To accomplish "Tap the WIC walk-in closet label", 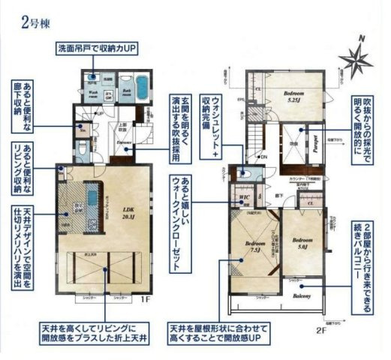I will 245,199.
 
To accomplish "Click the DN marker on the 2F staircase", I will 263,156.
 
